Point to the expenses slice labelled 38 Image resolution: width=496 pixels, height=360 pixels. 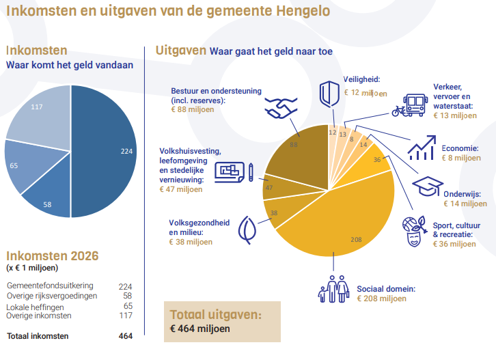(x=276, y=214)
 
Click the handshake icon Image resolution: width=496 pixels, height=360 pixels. (x=281, y=107)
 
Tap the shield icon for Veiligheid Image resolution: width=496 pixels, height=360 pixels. (x=330, y=93)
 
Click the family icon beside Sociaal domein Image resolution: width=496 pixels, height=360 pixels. (x=333, y=289)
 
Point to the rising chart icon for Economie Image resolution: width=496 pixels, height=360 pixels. (x=422, y=146)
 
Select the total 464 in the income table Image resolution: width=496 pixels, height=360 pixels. (x=124, y=336)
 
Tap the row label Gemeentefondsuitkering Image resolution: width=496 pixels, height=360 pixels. (x=50, y=286)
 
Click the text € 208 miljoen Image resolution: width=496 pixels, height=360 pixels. (x=381, y=298)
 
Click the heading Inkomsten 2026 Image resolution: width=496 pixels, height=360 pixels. (x=52, y=255)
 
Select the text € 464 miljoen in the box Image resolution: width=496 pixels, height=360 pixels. (x=200, y=329)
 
